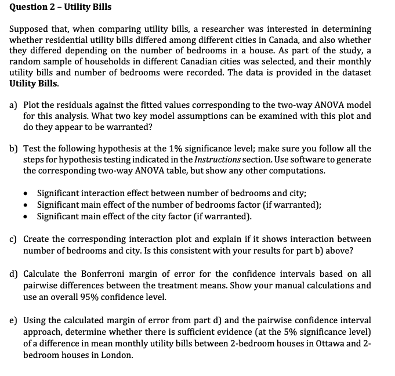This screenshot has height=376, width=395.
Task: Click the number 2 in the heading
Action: click(45, 7)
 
